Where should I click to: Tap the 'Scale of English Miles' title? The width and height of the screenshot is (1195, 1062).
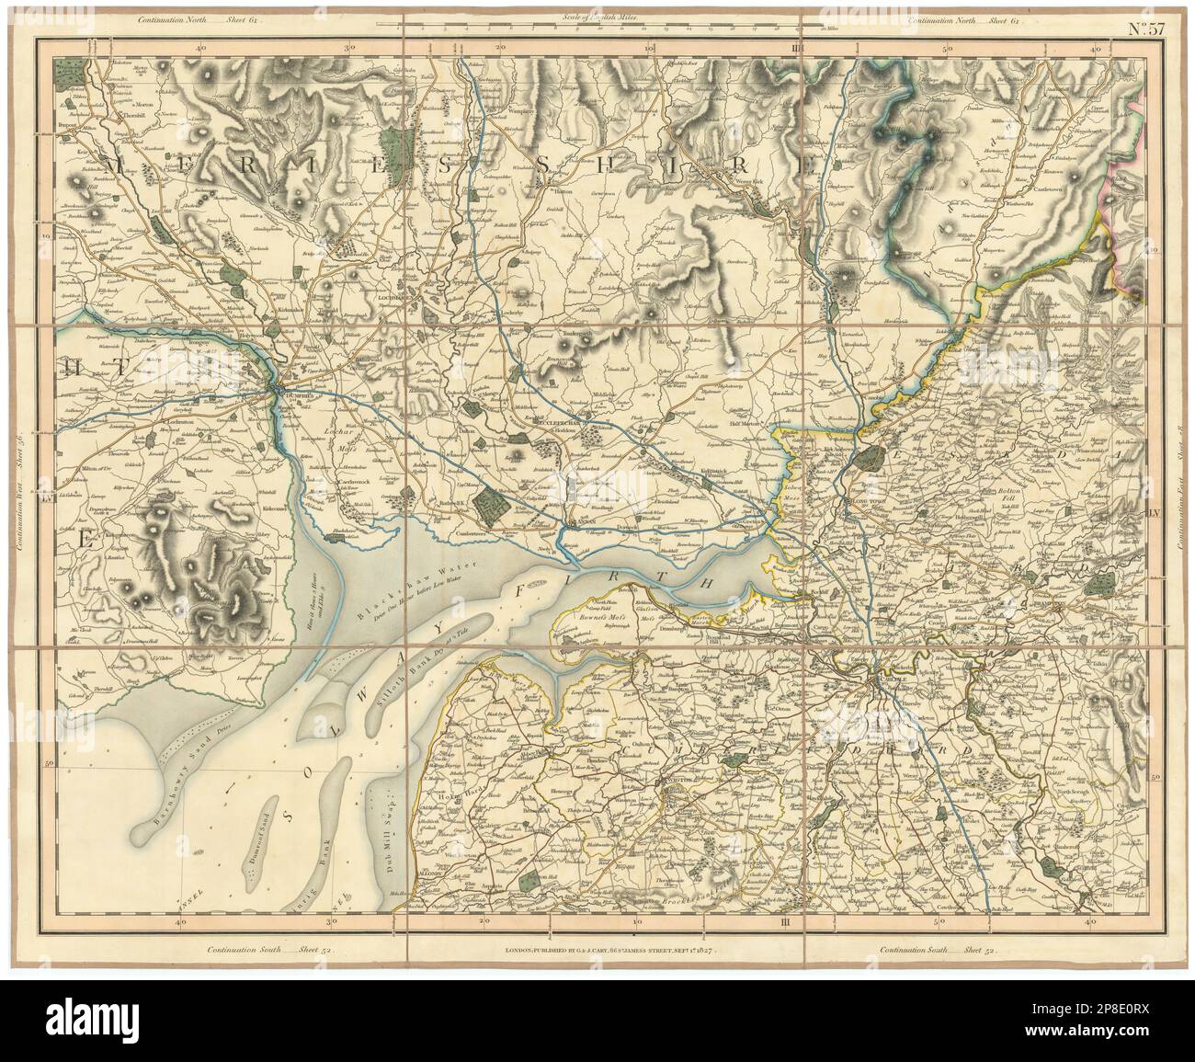tap(597, 17)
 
